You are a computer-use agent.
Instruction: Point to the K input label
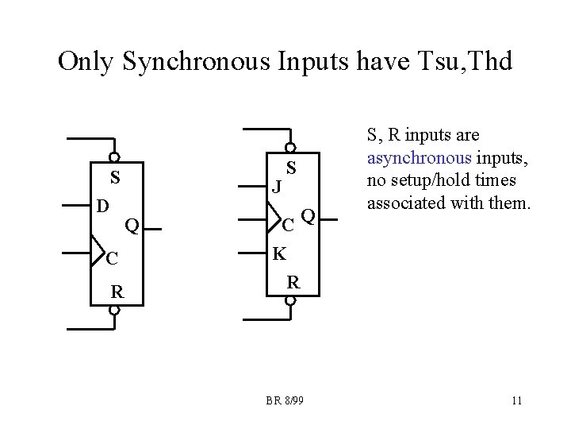(279, 254)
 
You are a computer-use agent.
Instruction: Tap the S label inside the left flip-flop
(115, 176)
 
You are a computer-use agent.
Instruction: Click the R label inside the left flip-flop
(117, 292)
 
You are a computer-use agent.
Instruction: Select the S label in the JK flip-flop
(291, 168)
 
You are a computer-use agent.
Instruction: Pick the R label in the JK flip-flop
(293, 282)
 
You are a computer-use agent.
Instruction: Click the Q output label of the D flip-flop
(132, 226)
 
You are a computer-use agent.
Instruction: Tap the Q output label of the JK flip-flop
(308, 215)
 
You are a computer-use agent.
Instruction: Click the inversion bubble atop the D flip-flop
(115, 157)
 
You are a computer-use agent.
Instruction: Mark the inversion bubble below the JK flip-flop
(291, 301)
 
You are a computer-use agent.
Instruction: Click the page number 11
(516, 400)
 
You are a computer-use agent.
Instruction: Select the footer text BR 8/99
(285, 400)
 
